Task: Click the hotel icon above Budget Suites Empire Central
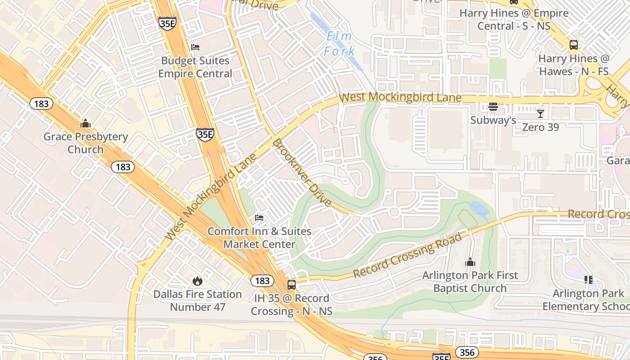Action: tap(195, 47)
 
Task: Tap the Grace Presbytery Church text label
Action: tap(85, 143)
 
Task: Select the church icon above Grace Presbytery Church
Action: tap(85, 123)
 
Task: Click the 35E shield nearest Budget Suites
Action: tap(167, 23)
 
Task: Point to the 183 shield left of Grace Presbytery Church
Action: tap(41, 104)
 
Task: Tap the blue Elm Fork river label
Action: tap(339, 44)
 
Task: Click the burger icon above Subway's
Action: tap(493, 107)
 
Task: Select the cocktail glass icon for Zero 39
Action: tap(540, 113)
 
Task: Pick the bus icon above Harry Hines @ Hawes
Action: tap(574, 45)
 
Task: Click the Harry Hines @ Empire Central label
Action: tap(514, 19)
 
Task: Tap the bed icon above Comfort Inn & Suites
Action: tap(259, 218)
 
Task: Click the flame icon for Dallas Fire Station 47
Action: tap(197, 281)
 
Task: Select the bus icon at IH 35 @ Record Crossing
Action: tap(292, 284)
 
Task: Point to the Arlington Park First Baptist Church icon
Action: tap(470, 262)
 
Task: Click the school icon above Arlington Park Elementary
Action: tap(588, 280)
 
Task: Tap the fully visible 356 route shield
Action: tap(467, 352)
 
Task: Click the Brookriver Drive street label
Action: tap(302, 172)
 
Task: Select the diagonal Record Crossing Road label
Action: tap(407, 256)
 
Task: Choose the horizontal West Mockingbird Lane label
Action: tap(400, 97)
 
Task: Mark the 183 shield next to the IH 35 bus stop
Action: tap(262, 281)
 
